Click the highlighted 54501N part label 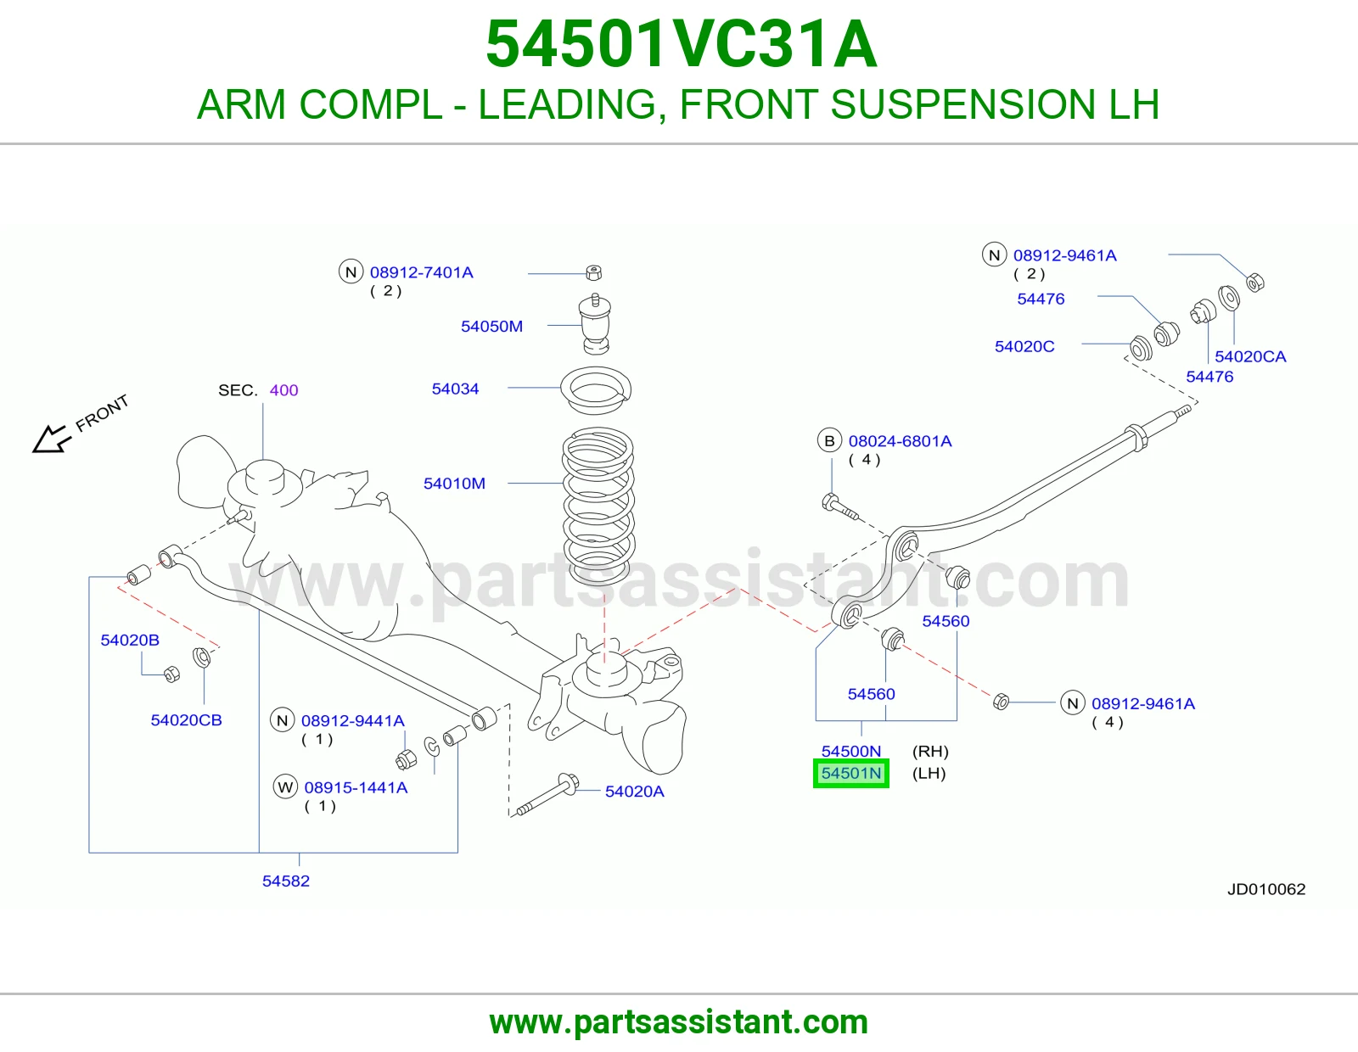click(x=850, y=773)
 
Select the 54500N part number click(x=850, y=751)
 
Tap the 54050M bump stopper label click(x=491, y=326)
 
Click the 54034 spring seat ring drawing click(x=596, y=389)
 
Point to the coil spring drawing click(x=598, y=506)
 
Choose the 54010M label click(x=454, y=484)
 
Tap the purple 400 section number click(x=283, y=390)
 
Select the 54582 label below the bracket click(x=285, y=881)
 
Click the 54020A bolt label click(x=634, y=792)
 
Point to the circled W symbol click(x=285, y=786)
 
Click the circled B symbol click(x=829, y=440)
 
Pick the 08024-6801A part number click(x=900, y=441)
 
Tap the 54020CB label click(x=186, y=720)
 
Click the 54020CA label click(x=1250, y=356)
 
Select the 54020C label click(x=1024, y=347)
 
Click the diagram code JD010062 click(x=1266, y=890)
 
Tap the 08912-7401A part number click(x=421, y=272)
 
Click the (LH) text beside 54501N click(x=929, y=774)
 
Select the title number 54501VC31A click(x=682, y=44)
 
